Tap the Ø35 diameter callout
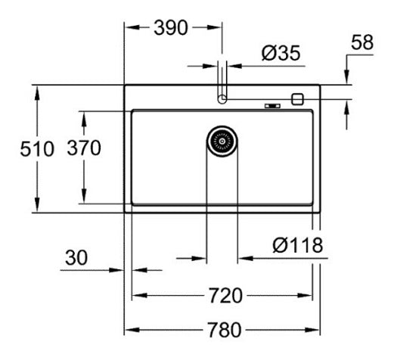(x=280, y=53)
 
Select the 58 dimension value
(x=363, y=42)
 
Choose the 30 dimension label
(x=75, y=258)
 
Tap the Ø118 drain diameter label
(x=298, y=245)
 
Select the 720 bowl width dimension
(x=223, y=295)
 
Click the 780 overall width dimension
(x=223, y=331)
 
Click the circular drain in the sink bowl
(x=222, y=141)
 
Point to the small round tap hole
(x=222, y=98)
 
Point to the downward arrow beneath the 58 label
(x=346, y=78)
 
